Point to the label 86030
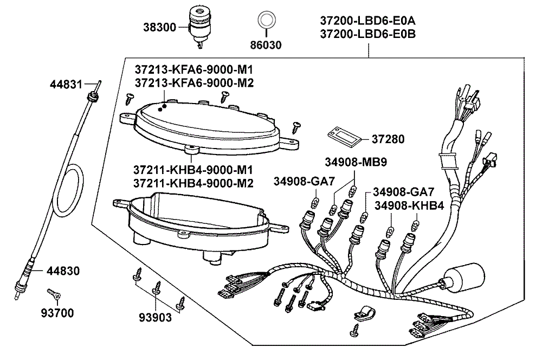pyautogui.click(x=266, y=45)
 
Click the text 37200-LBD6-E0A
pyautogui.click(x=367, y=21)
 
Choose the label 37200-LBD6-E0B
pyautogui.click(x=367, y=34)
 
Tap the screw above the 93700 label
pyautogui.click(x=54, y=294)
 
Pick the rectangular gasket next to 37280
pyautogui.click(x=344, y=135)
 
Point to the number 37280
pyautogui.click(x=388, y=139)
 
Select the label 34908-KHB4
pyautogui.click(x=409, y=205)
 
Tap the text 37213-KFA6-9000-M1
pyautogui.click(x=193, y=70)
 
